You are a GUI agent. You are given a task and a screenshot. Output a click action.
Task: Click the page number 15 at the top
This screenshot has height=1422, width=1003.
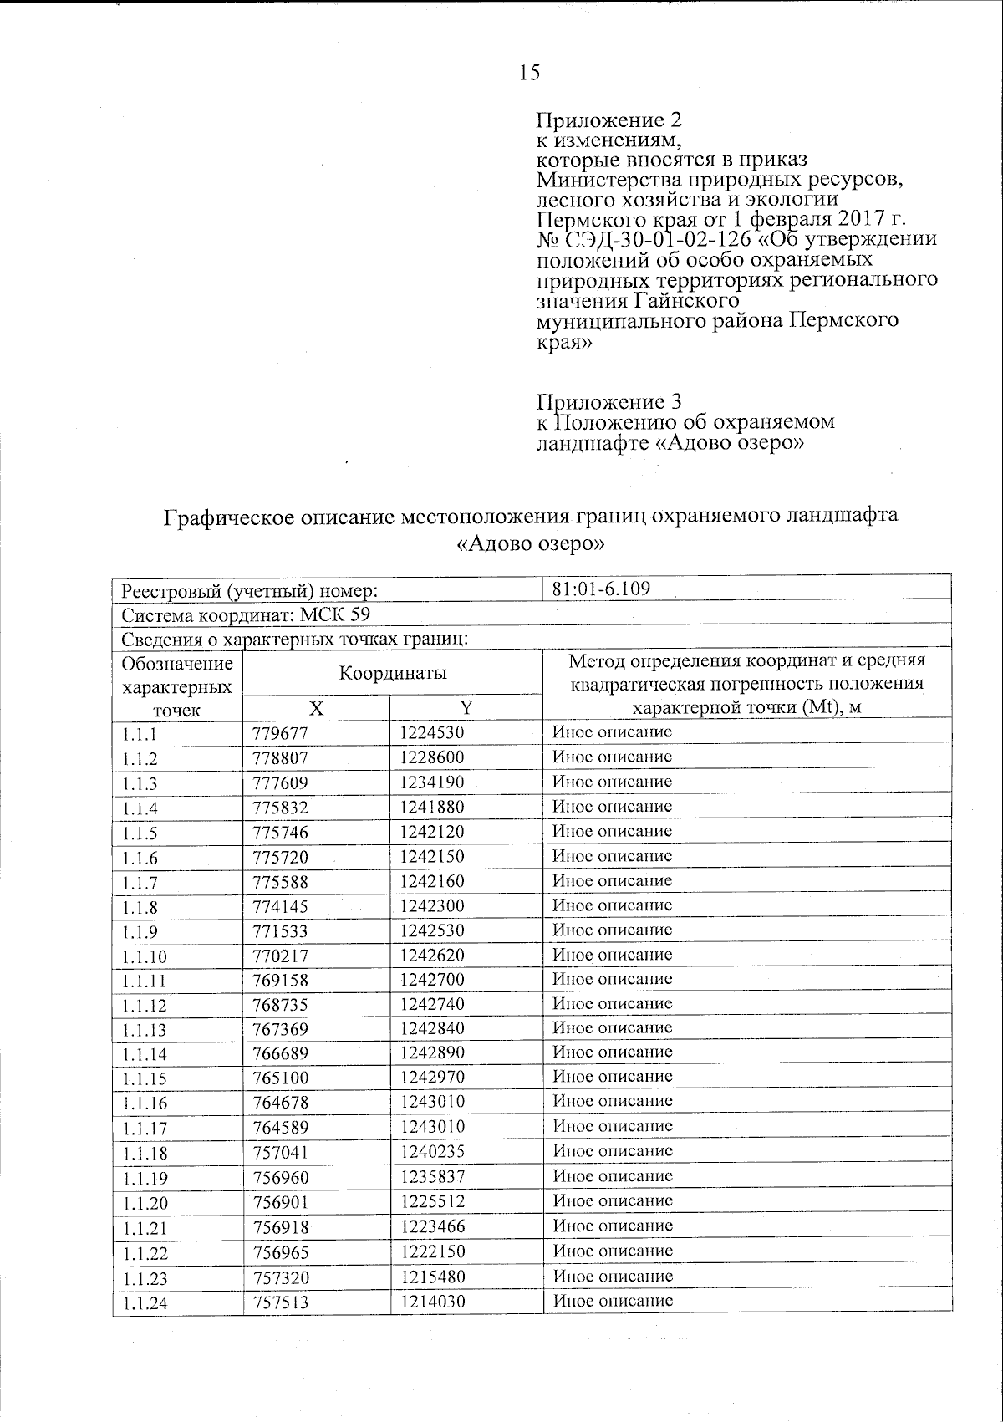[530, 73]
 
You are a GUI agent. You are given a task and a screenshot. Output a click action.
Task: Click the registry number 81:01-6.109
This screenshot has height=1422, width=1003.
[602, 589]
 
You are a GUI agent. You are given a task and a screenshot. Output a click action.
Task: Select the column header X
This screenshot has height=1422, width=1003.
[316, 708]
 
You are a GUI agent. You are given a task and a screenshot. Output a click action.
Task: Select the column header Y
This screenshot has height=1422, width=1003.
[466, 708]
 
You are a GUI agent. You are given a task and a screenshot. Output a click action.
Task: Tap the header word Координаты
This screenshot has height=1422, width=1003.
[393, 673]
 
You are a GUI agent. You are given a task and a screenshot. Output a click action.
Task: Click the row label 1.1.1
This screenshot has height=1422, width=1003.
[140, 734]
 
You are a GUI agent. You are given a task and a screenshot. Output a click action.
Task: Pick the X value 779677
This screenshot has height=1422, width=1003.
[280, 733]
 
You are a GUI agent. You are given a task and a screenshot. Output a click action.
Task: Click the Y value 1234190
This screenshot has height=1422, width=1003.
[432, 782]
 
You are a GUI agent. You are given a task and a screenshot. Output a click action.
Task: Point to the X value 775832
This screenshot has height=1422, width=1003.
[280, 808]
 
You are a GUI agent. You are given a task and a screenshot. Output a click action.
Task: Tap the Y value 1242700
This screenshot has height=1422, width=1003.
[432, 980]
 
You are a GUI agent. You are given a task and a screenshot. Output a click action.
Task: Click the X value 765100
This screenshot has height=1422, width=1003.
[280, 1078]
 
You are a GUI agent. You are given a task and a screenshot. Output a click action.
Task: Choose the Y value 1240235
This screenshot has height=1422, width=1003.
[432, 1152]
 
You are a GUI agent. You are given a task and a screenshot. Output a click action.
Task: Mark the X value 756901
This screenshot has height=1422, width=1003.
[280, 1202]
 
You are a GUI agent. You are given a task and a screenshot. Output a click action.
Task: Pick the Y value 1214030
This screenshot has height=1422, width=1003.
[432, 1302]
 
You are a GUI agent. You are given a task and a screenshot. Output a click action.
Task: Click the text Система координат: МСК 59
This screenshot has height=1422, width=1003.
[247, 616]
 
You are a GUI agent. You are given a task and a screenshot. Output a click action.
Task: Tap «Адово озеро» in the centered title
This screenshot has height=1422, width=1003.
[532, 544]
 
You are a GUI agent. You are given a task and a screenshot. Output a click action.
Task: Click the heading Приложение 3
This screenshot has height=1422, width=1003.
[610, 402]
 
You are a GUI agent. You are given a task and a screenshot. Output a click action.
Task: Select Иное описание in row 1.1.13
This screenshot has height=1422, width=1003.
[613, 1027]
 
